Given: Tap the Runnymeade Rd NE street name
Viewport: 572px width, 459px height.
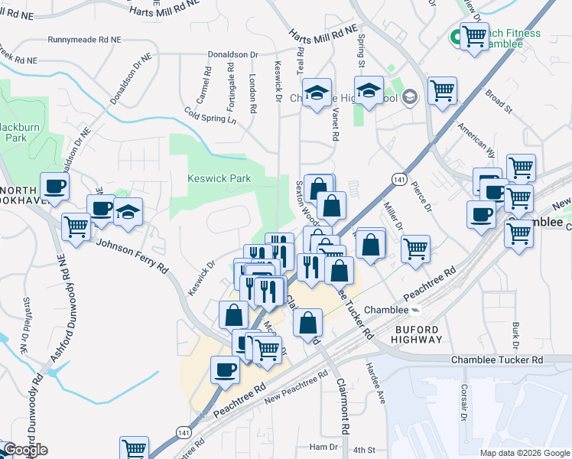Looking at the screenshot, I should point(83,39).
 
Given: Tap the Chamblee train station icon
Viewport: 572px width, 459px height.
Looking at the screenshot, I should point(414,310).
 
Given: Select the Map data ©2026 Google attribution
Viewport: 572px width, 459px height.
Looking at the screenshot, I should point(524,453).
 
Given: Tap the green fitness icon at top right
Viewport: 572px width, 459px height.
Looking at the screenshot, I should point(455,35).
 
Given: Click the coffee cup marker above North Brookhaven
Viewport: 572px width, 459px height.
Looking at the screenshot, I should point(54,186).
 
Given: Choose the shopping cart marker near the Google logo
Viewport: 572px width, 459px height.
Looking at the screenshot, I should point(134,448).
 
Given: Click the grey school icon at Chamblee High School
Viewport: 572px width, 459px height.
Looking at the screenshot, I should point(409,96).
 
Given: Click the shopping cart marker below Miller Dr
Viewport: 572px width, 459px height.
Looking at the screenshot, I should point(415,248).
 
